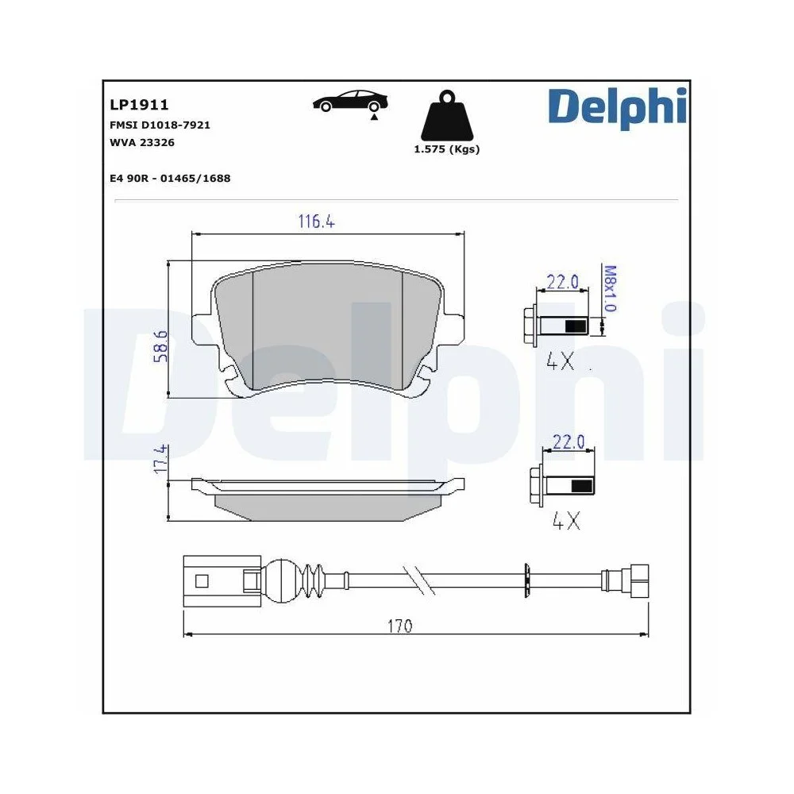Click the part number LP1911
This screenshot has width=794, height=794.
click(x=139, y=104)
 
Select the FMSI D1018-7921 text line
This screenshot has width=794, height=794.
click(x=160, y=125)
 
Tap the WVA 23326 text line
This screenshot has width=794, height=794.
click(x=142, y=143)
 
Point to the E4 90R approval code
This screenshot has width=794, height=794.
click(x=170, y=179)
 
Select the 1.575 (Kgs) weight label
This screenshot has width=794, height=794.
click(x=446, y=149)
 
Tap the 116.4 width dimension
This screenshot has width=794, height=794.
click(x=316, y=222)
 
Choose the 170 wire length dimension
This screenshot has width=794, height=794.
click(x=400, y=626)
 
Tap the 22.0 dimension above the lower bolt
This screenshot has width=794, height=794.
click(x=569, y=441)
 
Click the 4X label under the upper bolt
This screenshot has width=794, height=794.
click(x=561, y=361)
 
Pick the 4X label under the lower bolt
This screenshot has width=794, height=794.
click(x=566, y=521)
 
